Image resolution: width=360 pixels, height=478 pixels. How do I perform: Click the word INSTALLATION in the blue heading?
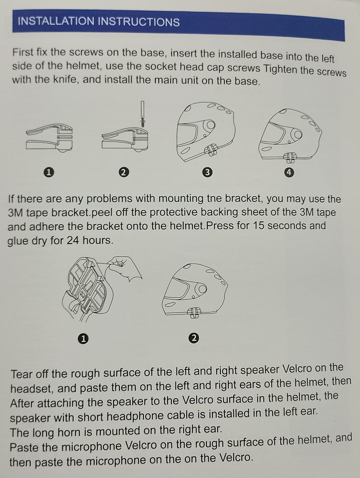point(56,21)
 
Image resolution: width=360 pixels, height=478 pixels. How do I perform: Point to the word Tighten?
point(280,69)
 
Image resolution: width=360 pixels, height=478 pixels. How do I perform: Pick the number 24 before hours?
point(73,240)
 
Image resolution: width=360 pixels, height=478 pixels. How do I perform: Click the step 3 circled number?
point(207,173)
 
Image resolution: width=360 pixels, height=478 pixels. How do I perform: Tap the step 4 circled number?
point(289,172)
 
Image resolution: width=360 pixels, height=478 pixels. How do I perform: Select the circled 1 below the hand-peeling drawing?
point(83,339)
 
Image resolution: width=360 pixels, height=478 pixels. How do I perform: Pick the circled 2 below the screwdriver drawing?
point(123,173)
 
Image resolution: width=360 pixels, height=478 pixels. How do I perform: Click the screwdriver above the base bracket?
point(142,113)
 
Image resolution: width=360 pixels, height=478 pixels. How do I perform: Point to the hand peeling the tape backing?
point(125,268)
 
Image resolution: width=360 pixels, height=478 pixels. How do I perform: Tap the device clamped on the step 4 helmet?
point(289,157)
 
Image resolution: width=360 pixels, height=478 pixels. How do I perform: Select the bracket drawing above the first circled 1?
point(49,138)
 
